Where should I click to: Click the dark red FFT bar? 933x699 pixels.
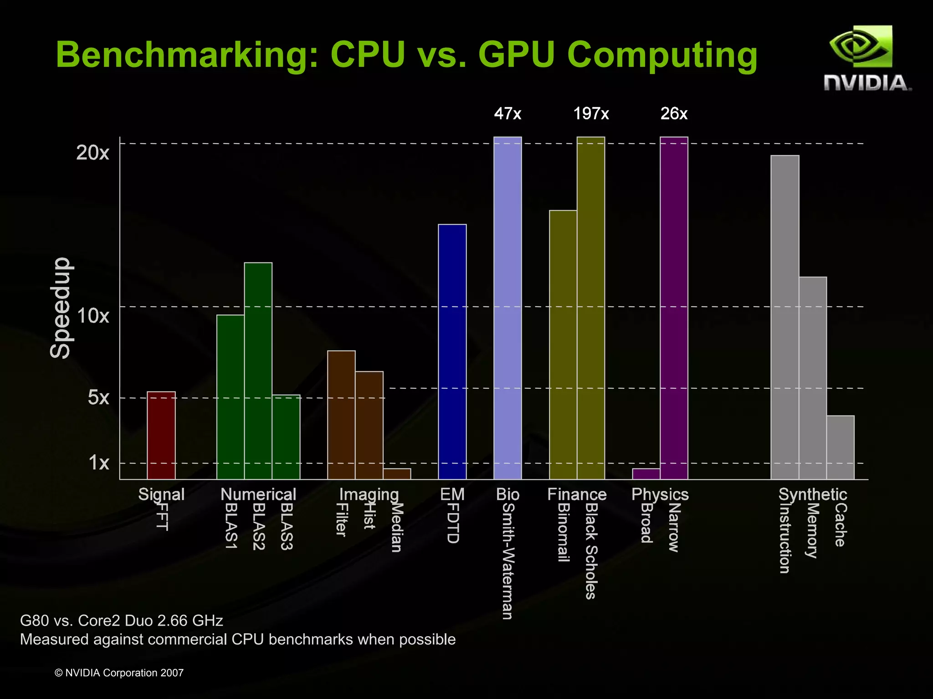(161, 435)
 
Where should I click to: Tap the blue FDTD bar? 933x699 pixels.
(452, 351)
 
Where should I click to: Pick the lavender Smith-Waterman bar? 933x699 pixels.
(508, 308)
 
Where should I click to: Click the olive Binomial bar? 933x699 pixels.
(563, 344)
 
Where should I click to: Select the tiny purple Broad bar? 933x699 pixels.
(646, 474)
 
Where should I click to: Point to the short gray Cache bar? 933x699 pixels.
(841, 447)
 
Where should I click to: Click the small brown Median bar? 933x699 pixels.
(397, 474)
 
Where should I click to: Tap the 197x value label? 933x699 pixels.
(591, 113)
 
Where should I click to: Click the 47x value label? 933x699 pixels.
(508, 113)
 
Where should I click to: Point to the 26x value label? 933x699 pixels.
(674, 113)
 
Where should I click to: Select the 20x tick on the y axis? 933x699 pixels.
(92, 153)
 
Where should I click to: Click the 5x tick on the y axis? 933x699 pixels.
(98, 397)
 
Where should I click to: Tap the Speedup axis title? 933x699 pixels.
(61, 308)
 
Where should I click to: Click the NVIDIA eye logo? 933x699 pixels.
(861, 46)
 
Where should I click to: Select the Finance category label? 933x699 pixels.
(577, 494)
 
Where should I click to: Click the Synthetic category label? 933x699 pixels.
(813, 494)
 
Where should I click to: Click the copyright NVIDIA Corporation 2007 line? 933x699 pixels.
(119, 673)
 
